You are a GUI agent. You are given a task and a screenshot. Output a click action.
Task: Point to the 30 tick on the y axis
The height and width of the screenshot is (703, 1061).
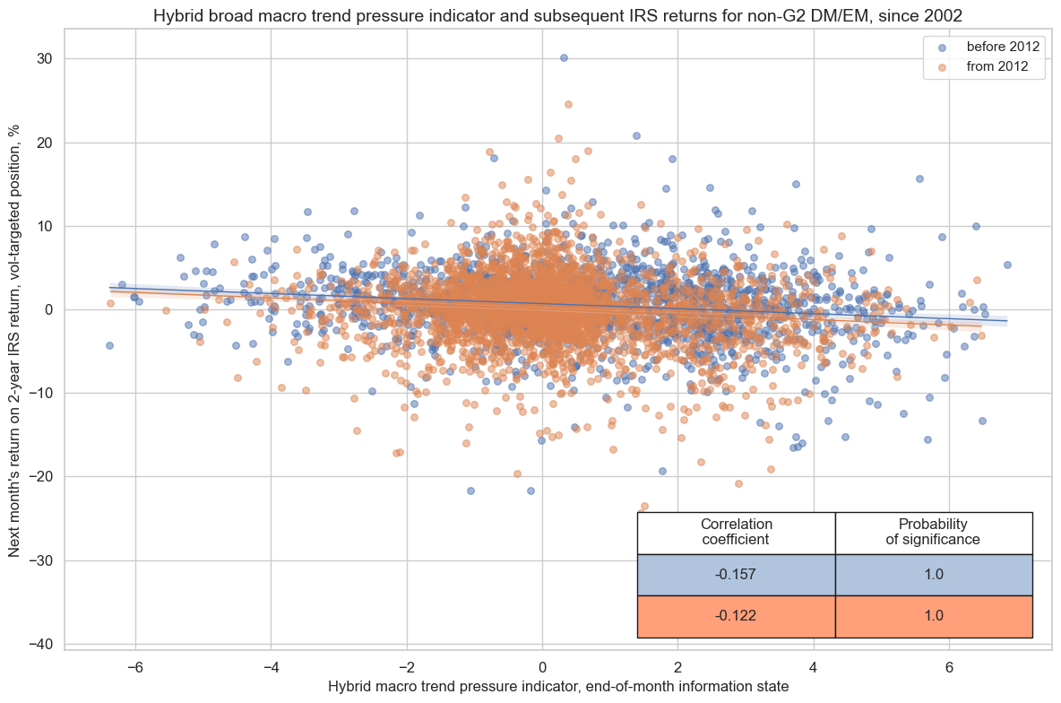45,58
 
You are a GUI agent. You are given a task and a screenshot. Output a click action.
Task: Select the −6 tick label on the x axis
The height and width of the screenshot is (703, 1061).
135,667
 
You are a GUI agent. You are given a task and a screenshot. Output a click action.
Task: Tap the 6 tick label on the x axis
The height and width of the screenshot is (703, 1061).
950,667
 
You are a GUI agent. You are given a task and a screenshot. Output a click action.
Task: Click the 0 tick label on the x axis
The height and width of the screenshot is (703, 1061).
542,667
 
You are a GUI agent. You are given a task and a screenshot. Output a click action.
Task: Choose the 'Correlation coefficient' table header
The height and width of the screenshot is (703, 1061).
736,533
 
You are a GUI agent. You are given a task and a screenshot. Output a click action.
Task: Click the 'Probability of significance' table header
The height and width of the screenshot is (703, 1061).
933,533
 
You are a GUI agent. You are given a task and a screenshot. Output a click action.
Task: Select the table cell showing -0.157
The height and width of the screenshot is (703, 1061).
736,575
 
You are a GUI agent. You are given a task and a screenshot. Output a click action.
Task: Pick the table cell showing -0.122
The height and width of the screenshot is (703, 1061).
736,617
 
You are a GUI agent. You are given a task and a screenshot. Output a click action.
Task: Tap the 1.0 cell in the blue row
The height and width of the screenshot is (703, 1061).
933,575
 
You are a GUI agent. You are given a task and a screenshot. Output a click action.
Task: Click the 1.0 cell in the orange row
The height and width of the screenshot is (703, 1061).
933,617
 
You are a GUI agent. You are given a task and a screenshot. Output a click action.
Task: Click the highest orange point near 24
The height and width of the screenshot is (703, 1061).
568,104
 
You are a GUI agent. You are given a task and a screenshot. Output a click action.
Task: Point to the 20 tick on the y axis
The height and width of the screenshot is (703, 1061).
45,143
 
